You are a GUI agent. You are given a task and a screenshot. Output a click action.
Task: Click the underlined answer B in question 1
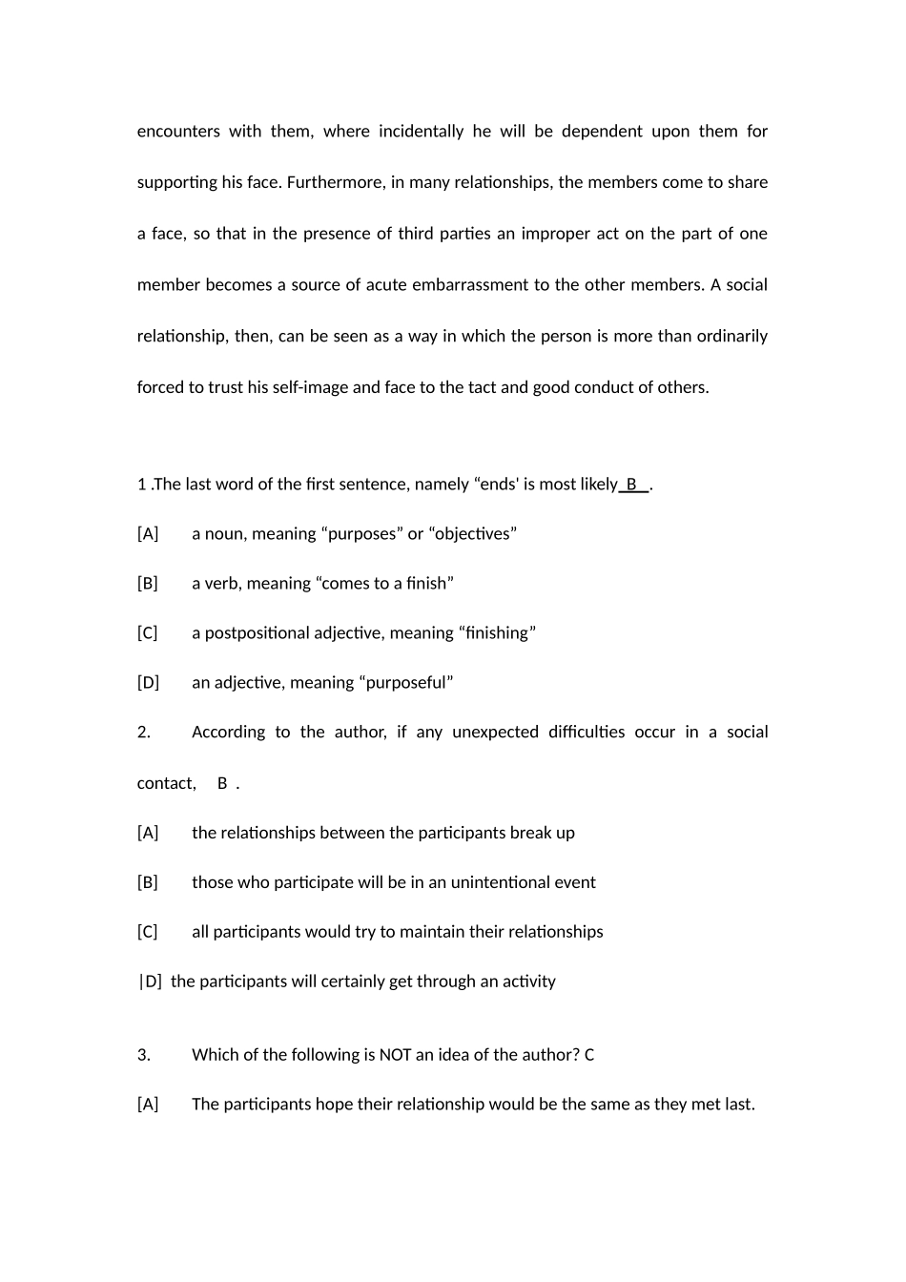(631, 484)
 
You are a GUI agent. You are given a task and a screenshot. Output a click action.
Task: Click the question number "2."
(144, 732)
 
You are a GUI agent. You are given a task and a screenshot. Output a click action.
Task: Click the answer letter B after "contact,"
(222, 783)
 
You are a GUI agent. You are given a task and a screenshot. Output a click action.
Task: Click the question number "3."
(144, 1054)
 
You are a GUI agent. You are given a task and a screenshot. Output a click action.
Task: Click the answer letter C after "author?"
(589, 1054)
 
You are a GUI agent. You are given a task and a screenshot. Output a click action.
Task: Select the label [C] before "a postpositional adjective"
(148, 632)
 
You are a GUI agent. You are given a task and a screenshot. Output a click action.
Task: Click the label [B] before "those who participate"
(148, 882)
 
